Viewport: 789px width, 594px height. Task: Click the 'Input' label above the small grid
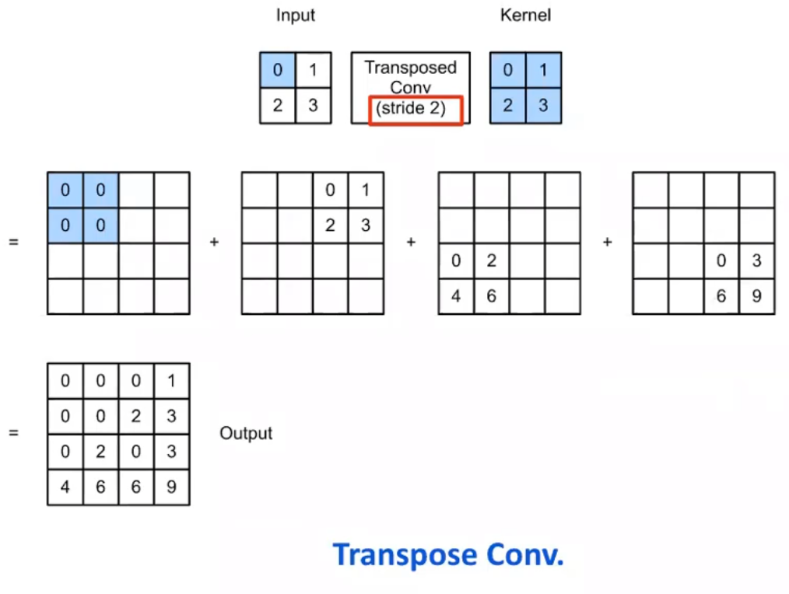(296, 16)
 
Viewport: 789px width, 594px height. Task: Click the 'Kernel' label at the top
(525, 16)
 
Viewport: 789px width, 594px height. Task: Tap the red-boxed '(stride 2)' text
(410, 109)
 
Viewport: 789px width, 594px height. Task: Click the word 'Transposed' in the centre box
(410, 68)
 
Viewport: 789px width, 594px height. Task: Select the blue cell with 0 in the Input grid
(278, 71)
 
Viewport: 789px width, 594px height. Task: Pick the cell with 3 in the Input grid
(313, 106)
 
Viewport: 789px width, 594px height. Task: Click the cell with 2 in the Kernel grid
(507, 106)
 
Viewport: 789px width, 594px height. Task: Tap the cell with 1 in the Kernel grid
(543, 71)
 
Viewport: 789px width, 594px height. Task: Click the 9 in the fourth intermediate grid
(756, 296)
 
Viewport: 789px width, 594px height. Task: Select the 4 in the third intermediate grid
(456, 296)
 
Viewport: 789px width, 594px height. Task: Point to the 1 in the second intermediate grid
(366, 190)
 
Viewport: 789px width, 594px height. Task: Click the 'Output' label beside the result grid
(246, 433)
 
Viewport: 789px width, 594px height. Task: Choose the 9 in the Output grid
(171, 487)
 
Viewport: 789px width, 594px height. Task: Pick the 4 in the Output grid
(65, 487)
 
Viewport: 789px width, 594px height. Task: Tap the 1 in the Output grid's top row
(171, 381)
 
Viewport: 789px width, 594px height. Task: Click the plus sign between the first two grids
(214, 243)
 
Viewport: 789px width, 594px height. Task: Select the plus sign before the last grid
(607, 243)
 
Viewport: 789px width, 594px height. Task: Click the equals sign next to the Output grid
(13, 433)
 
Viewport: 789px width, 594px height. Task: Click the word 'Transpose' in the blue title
(405, 555)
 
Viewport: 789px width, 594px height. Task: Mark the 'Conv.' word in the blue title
(524, 555)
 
